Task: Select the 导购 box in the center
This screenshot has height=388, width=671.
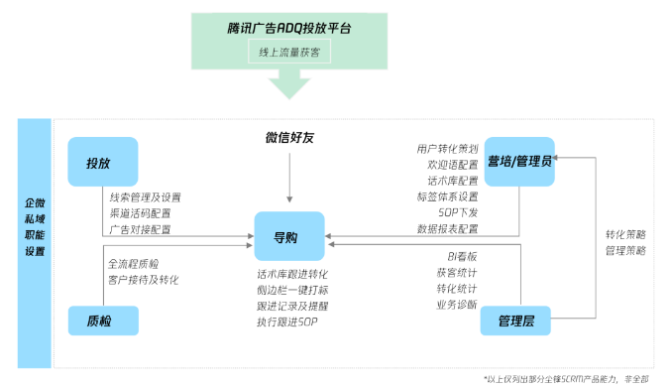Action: click(x=288, y=237)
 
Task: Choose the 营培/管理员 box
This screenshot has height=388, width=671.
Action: click(x=519, y=162)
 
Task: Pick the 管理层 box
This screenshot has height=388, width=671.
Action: click(x=515, y=321)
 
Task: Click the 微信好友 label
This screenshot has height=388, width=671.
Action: click(x=288, y=137)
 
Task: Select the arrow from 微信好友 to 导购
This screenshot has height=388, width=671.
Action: click(x=288, y=179)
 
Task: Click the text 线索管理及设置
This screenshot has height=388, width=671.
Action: click(x=146, y=197)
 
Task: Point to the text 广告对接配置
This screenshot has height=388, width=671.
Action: click(x=140, y=229)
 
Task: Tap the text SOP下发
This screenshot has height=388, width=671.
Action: click(x=458, y=212)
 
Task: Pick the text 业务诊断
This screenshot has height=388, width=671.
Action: click(x=457, y=304)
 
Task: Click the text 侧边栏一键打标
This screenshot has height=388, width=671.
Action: click(x=292, y=289)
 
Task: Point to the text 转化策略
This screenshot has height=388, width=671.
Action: click(x=625, y=234)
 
